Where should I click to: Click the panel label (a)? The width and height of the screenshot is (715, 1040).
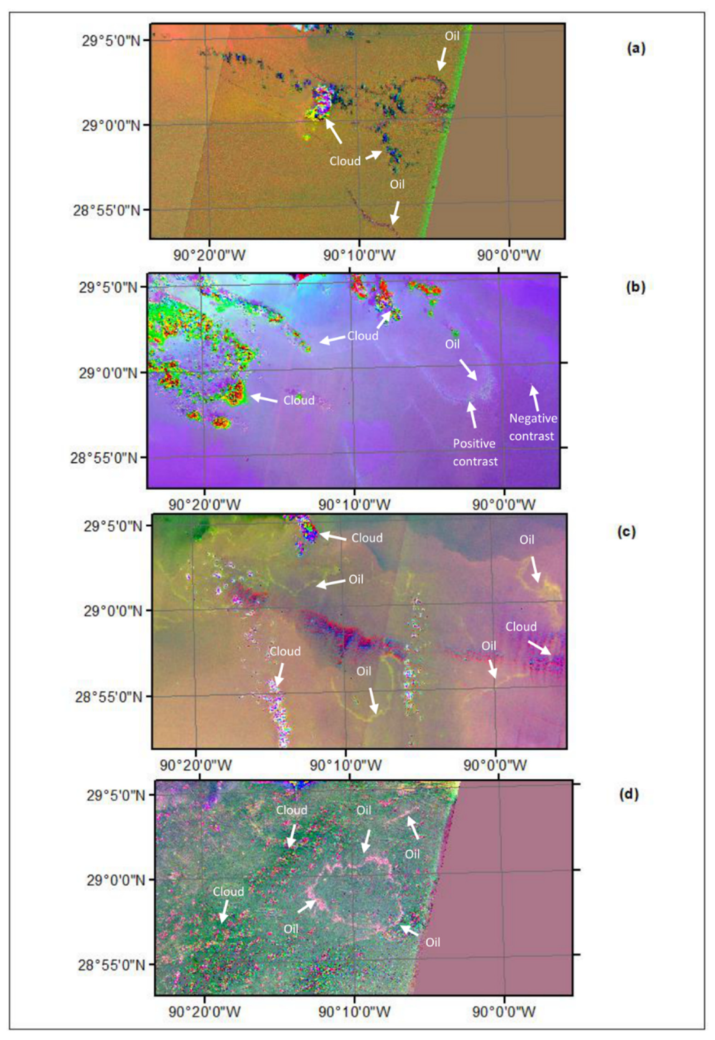636,48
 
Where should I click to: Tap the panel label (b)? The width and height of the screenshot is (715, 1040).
635,287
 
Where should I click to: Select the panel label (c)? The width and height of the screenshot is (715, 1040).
626,532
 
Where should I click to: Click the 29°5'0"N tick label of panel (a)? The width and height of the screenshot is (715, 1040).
111,41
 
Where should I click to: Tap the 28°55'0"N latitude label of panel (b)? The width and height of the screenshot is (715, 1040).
104,458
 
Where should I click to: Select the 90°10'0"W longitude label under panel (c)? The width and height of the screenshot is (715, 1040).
346,765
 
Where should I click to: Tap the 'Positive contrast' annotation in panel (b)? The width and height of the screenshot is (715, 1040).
475,452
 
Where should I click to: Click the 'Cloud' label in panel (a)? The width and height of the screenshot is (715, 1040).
345,161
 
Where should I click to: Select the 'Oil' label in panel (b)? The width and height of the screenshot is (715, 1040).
452,344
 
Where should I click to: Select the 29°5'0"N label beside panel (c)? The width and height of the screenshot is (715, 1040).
113,526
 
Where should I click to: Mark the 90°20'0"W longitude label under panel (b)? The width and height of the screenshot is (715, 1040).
205,504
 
